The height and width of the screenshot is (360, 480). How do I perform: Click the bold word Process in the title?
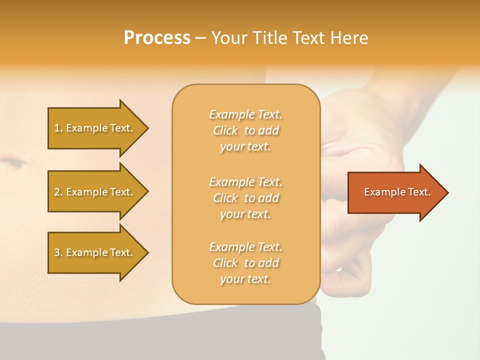point(157,38)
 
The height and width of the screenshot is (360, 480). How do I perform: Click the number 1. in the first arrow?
point(58,128)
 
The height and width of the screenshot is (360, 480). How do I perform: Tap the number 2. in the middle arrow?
point(58,192)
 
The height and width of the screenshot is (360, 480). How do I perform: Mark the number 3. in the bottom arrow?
point(58,252)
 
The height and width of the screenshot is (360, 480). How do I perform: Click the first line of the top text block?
point(245,114)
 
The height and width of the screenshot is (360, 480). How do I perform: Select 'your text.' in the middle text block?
point(245,214)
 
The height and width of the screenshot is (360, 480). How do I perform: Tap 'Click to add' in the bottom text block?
point(245,263)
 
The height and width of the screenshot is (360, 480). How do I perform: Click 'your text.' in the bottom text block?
point(245,279)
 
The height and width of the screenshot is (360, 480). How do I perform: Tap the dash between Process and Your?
point(200,38)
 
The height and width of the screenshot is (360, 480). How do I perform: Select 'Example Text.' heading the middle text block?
point(245,182)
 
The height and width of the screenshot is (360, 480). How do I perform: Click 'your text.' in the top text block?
point(245,147)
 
